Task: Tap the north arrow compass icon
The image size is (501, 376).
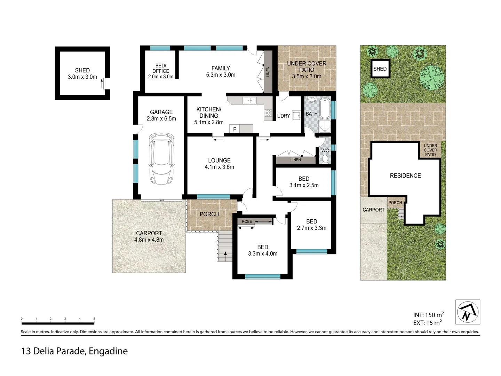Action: click(x=468, y=312)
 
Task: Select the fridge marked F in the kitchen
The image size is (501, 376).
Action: click(x=235, y=129)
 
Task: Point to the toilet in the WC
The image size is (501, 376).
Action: click(x=325, y=159)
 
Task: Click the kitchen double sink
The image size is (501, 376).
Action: click(x=249, y=101)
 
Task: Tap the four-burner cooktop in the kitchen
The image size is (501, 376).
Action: click(x=268, y=113)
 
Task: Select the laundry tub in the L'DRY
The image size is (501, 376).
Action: click(x=296, y=115)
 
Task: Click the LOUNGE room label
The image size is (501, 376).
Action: click(x=219, y=160)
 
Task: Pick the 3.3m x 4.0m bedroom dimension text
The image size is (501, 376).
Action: click(x=263, y=254)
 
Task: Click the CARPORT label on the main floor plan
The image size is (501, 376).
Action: click(x=149, y=233)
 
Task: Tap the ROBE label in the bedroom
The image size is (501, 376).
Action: click(x=247, y=221)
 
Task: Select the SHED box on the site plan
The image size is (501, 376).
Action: click(x=380, y=69)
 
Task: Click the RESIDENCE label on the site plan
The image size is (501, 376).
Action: click(x=405, y=176)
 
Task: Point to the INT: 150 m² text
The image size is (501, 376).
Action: click(x=428, y=315)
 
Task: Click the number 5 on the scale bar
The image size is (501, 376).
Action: click(x=94, y=319)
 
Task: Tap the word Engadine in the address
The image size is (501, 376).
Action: click(x=108, y=351)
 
